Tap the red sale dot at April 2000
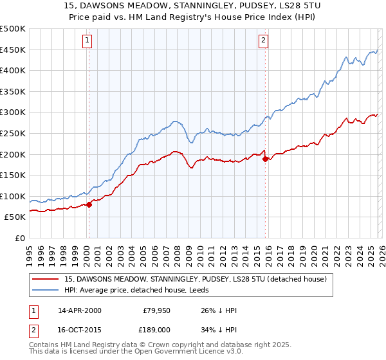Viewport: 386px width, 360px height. pos(89,205)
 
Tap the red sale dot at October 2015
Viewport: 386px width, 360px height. pos(265,159)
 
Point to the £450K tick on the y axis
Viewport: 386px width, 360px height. pos(13,50)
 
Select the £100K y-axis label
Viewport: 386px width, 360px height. pos(13,196)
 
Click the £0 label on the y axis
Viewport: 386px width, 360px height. pos(19,238)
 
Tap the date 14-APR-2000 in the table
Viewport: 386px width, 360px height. pos(79,310)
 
